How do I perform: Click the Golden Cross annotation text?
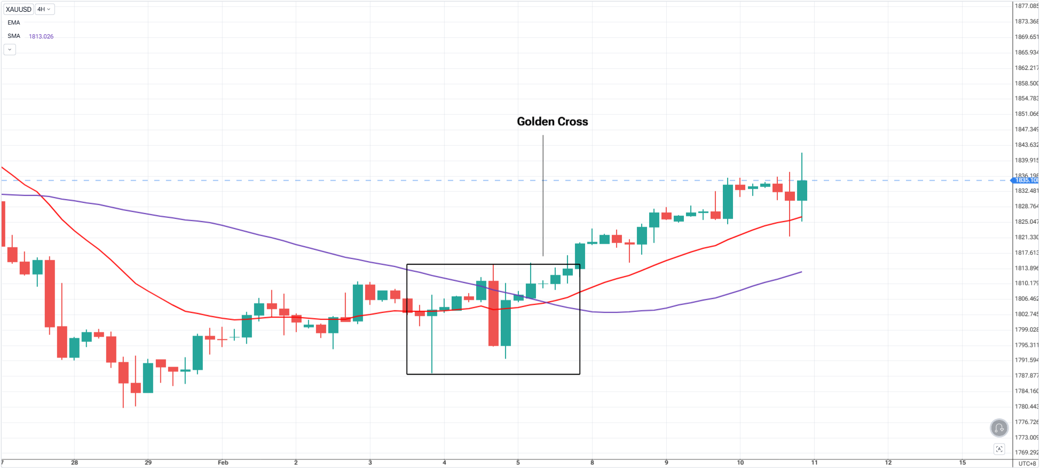coord(552,122)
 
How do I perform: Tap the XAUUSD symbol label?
coord(18,9)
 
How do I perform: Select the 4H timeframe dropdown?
coord(44,9)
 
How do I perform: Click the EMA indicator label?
coord(14,22)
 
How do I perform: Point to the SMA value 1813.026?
coord(41,36)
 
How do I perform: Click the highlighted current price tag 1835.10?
coord(1026,180)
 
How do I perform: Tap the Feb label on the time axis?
coord(223,463)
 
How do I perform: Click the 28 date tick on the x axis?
coord(75,463)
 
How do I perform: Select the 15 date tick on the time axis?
coord(962,463)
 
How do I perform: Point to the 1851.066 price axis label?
coord(1026,114)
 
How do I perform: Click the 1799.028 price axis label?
coord(1026,330)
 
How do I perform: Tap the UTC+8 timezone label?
coord(1027,463)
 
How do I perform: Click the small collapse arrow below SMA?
coord(10,50)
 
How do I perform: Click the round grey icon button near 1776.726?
coord(999,428)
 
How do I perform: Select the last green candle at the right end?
coord(802,190)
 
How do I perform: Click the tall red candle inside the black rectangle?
coord(493,313)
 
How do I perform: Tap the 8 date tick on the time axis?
coord(592,463)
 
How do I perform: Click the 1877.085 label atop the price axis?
coord(1026,6)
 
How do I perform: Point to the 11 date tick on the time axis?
coord(814,463)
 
